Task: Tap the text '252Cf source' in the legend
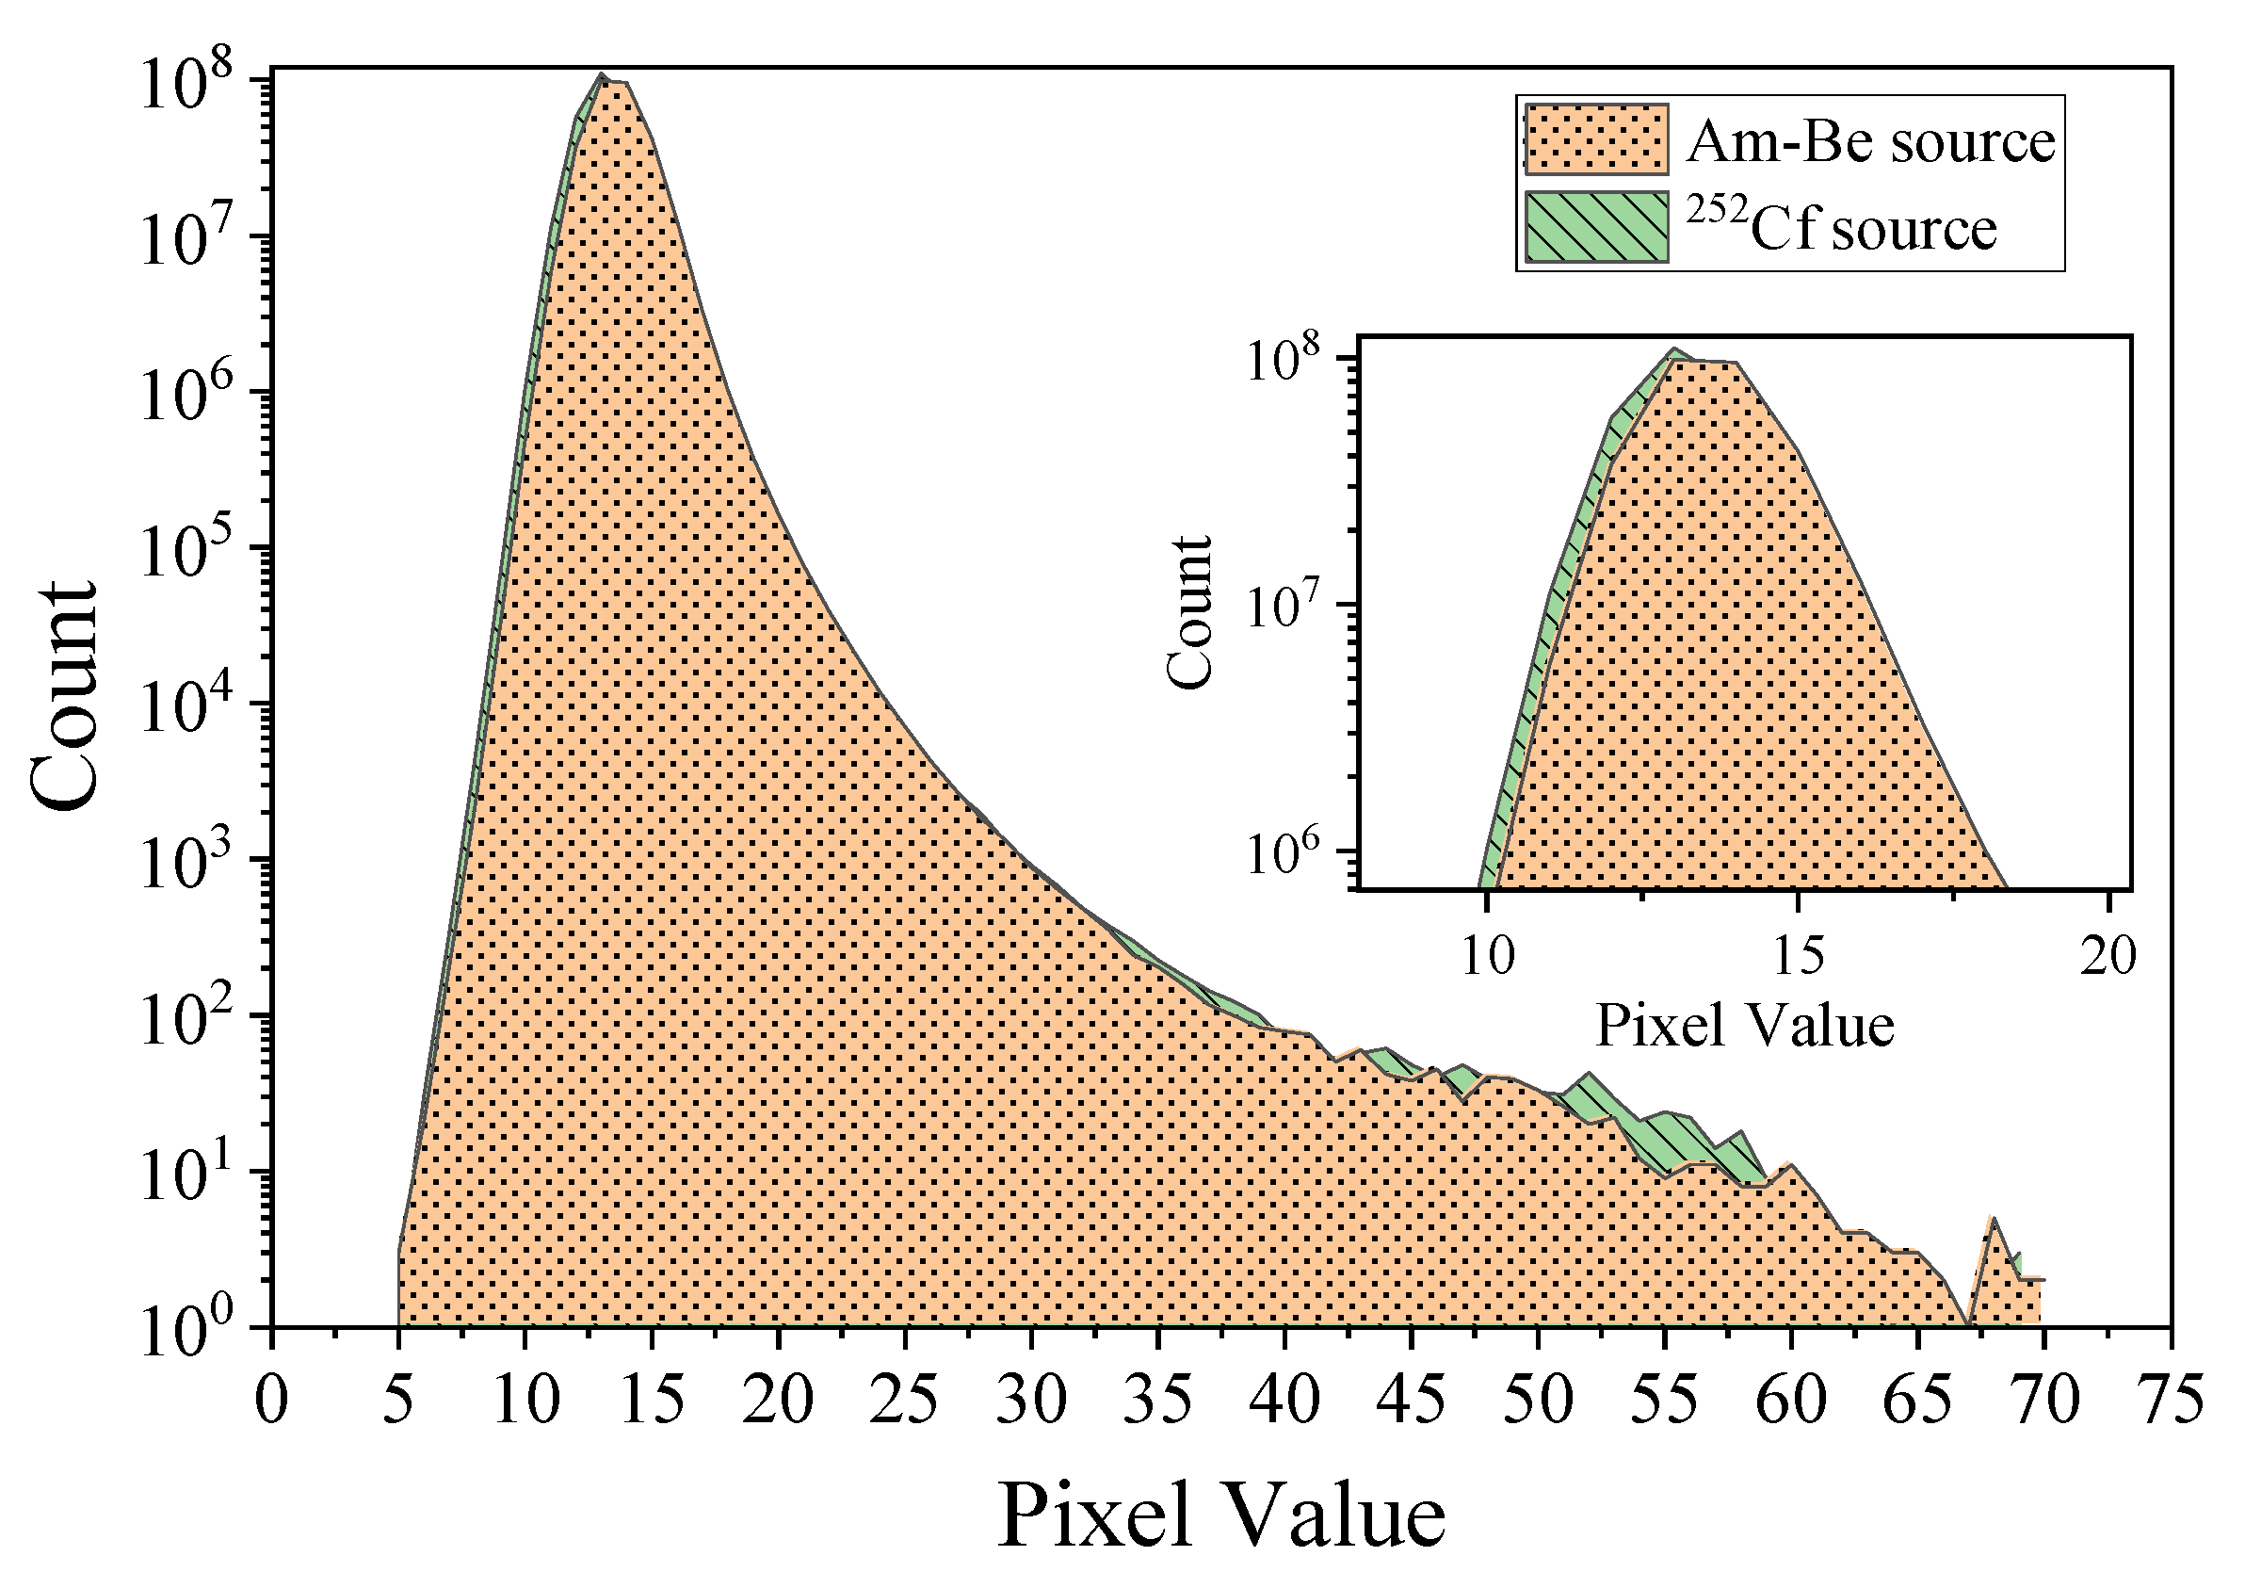click(1842, 228)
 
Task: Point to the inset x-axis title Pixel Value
click(1744, 1026)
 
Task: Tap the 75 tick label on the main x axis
click(2171, 1401)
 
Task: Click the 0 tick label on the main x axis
click(272, 1401)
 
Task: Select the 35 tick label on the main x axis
click(1157, 1401)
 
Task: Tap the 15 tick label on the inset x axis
click(1797, 956)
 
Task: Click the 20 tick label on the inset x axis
click(2108, 956)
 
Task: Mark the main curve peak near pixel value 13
click(603, 75)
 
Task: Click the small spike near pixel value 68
click(1993, 1219)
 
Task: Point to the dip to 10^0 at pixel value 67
click(1968, 1324)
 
